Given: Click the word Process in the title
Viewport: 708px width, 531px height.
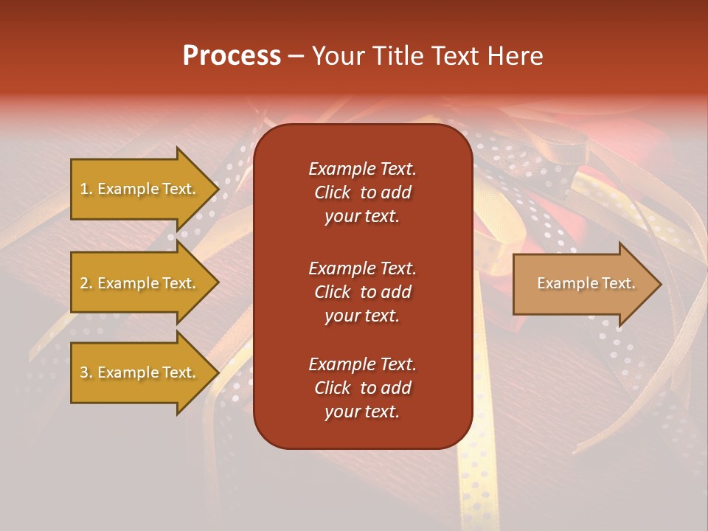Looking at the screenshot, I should (x=232, y=56).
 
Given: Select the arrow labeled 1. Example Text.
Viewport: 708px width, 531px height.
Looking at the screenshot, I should (x=139, y=189).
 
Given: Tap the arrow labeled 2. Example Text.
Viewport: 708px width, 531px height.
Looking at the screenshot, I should (x=139, y=283).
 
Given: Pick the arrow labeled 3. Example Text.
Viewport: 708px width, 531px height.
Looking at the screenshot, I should (x=139, y=372).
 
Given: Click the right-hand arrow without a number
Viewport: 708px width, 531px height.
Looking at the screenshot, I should (x=586, y=283).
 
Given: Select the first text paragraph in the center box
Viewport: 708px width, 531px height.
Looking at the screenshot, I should (x=362, y=192).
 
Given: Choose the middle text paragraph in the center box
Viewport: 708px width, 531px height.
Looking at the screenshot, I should (x=362, y=292).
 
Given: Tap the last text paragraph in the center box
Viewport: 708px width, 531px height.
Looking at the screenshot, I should (x=362, y=388).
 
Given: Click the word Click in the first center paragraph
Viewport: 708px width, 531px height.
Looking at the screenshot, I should (x=333, y=192).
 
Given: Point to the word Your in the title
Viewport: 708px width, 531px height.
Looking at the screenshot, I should (x=337, y=56).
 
